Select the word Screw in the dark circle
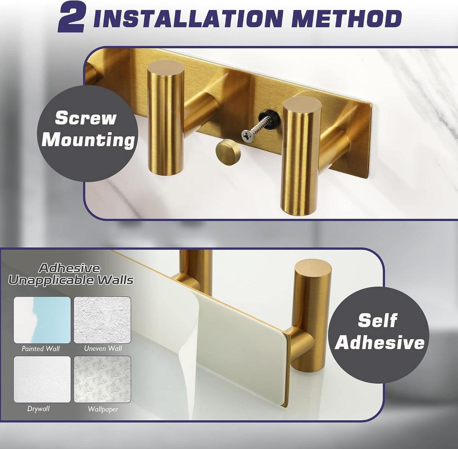point(86,118)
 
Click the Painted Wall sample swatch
point(42,320)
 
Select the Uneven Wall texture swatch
point(102,320)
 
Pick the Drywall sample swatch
point(42,379)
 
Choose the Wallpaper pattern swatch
point(102,379)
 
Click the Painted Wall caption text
point(40,349)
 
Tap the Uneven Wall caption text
point(103,349)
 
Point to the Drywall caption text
point(38,409)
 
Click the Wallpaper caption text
point(103,409)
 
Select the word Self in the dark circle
point(377,320)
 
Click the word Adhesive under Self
point(379,342)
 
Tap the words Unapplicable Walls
point(71,280)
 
